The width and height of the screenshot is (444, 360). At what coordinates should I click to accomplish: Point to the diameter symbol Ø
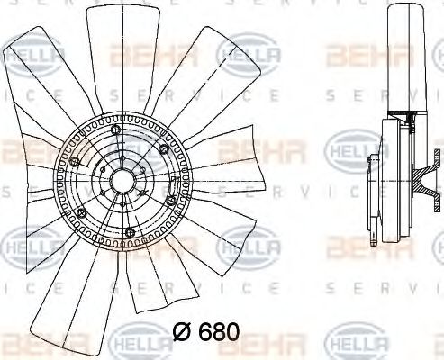click(180, 331)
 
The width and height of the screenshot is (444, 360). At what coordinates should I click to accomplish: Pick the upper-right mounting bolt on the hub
click(162, 148)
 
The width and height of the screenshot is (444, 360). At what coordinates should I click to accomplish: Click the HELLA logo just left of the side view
click(347, 144)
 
